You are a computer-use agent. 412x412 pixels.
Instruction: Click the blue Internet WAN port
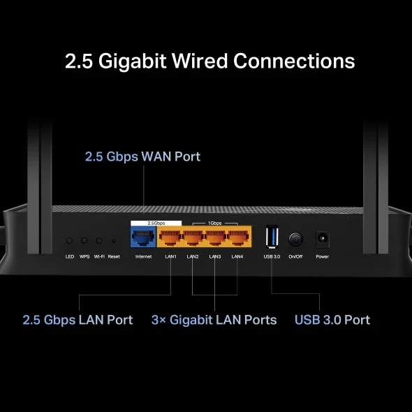click(143, 237)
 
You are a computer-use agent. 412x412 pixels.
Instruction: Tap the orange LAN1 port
click(170, 237)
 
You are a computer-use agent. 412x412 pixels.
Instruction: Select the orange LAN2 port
click(193, 237)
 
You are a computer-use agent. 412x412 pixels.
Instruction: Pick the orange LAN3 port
click(215, 237)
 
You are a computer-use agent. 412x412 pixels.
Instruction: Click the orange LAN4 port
click(237, 237)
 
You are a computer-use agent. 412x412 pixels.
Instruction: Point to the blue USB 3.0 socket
click(272, 237)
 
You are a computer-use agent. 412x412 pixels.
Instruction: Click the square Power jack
click(322, 238)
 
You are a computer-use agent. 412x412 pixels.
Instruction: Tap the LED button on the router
click(69, 240)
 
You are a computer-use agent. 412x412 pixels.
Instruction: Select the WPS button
click(84, 240)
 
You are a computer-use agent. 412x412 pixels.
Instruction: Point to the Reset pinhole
click(114, 241)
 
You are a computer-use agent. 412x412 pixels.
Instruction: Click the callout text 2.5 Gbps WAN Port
click(142, 156)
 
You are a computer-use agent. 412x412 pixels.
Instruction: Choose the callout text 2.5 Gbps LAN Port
click(78, 320)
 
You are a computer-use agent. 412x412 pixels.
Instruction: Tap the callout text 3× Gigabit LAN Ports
click(214, 320)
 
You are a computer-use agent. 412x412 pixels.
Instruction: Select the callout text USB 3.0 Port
click(332, 320)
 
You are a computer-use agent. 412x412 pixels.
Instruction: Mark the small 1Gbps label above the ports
click(215, 223)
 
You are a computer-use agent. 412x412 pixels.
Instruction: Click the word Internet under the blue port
click(143, 257)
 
